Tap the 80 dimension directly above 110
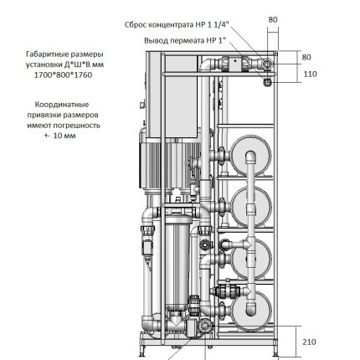click(x=306, y=58)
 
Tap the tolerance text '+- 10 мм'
click(x=64, y=132)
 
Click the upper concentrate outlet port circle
click(x=266, y=65)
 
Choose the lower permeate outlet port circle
click(x=267, y=81)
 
